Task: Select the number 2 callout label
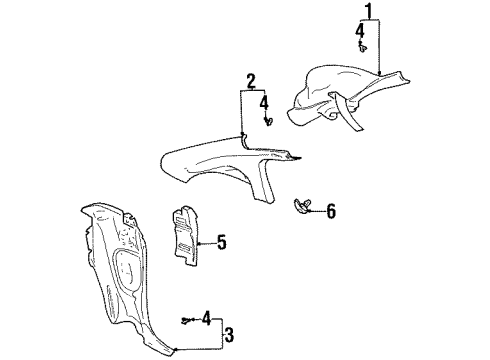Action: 251,80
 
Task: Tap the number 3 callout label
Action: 228,334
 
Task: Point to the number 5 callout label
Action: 222,241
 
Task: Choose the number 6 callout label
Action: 331,210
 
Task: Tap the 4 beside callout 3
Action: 206,319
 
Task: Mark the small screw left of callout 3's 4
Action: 187,320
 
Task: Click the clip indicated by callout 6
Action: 302,207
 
